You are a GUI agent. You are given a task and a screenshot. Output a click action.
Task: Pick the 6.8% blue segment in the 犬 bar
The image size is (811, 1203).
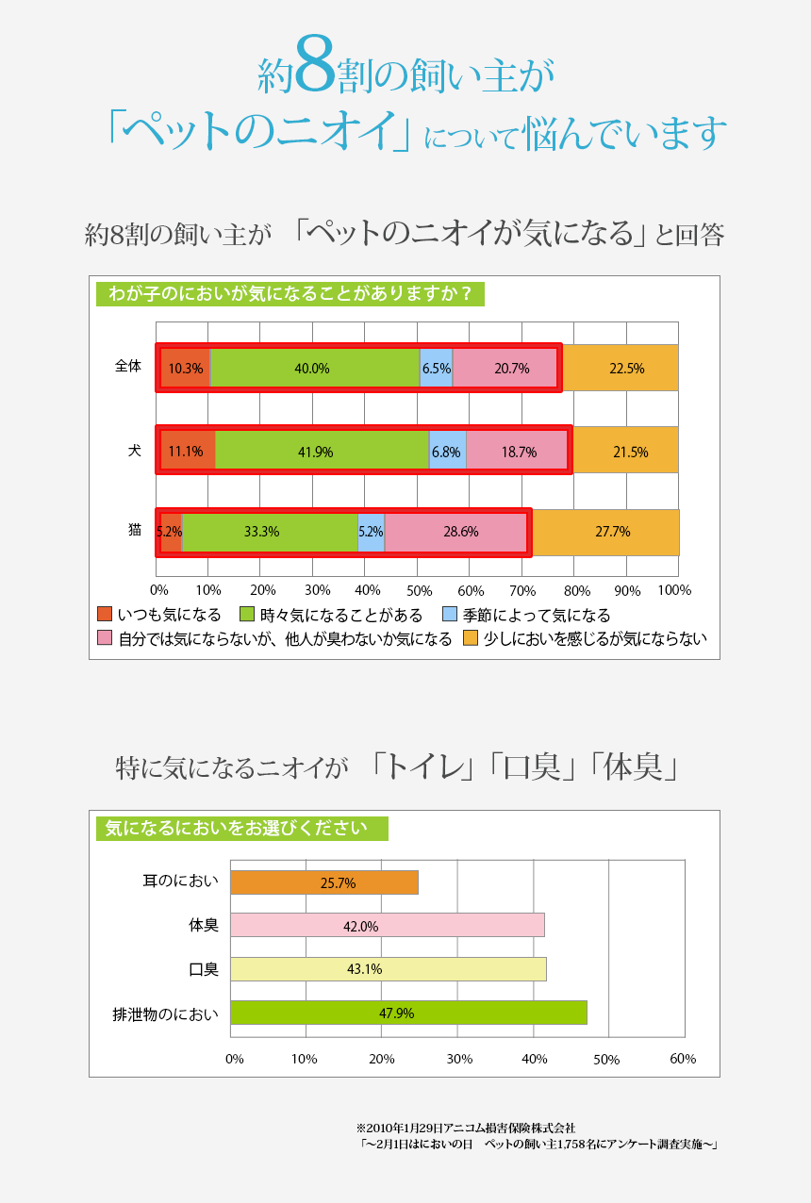click(447, 451)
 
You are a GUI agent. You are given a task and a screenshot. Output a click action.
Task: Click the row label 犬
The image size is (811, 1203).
click(135, 450)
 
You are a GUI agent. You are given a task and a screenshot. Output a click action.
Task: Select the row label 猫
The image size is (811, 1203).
click(135, 531)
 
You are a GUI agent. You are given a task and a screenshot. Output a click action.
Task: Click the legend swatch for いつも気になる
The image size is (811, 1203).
click(106, 615)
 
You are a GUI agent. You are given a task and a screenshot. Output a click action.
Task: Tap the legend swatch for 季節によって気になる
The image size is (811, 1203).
click(450, 615)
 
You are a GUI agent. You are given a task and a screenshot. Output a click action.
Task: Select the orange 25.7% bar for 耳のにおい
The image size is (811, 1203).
click(323, 882)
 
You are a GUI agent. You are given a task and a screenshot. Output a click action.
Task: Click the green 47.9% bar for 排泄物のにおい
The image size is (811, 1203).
click(408, 1013)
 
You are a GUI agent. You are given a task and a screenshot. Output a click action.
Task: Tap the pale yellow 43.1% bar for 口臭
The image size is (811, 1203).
click(388, 969)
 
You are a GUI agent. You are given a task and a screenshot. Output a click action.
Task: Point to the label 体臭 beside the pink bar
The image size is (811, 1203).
click(204, 926)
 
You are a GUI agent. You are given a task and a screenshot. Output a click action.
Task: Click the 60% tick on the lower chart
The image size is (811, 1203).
click(683, 1059)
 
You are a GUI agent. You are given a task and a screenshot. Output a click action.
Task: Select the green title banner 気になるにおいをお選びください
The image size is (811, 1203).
click(241, 829)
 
